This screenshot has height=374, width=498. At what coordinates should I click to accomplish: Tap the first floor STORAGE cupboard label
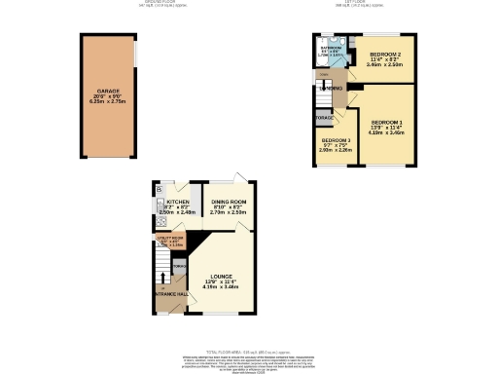point(324,118)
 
